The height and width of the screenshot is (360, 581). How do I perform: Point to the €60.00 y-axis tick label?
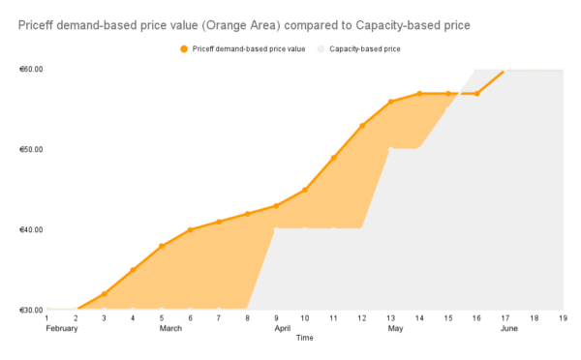pyautogui.click(x=30, y=70)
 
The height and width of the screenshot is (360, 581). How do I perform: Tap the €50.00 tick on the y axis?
pyautogui.click(x=30, y=150)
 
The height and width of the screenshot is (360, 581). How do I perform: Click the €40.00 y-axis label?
pyautogui.click(x=30, y=229)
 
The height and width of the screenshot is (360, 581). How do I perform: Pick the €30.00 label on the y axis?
pyautogui.click(x=30, y=310)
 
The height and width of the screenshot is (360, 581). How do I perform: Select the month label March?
pyautogui.click(x=170, y=328)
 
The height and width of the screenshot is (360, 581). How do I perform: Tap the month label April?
pyautogui.click(x=283, y=328)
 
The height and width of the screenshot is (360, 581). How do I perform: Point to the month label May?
pyautogui.click(x=396, y=328)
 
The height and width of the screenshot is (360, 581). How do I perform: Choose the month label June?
pyautogui.click(x=509, y=328)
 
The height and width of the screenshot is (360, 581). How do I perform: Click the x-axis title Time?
pyautogui.click(x=304, y=338)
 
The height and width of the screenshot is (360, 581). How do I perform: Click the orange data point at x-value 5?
pyautogui.click(x=162, y=246)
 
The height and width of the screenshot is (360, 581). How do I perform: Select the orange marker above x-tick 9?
pyautogui.click(x=276, y=206)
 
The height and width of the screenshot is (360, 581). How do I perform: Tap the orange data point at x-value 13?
pyautogui.click(x=390, y=102)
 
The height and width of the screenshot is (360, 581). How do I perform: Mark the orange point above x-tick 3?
pyautogui.click(x=105, y=293)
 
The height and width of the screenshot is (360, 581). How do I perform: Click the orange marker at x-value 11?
pyautogui.click(x=333, y=158)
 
